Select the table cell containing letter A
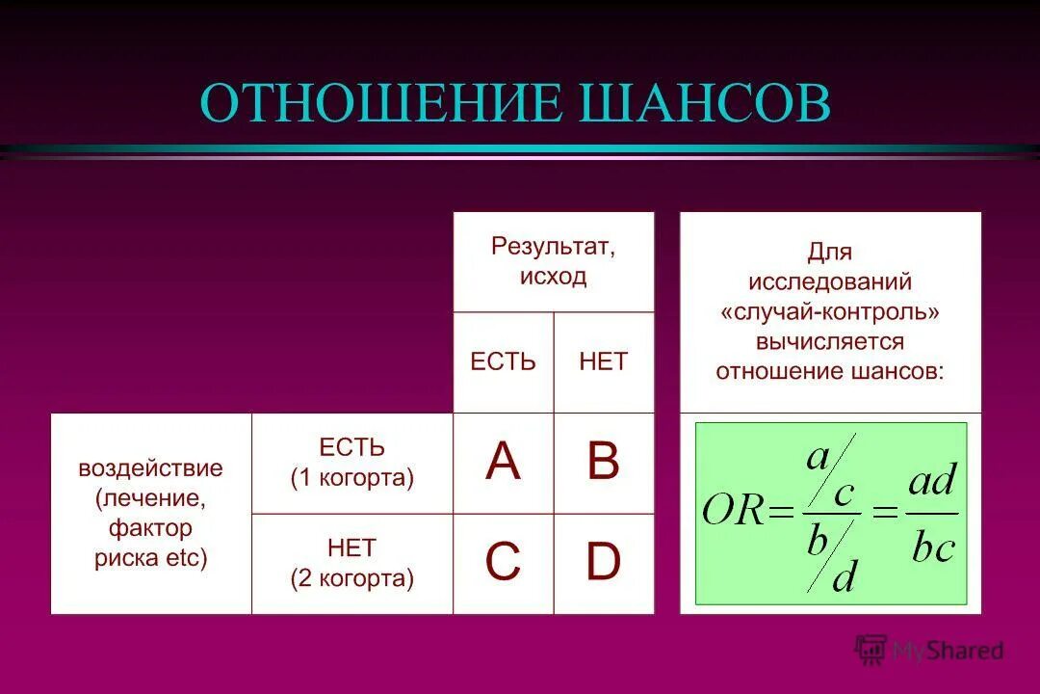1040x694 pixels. coord(503,463)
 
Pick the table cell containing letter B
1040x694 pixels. coord(604,463)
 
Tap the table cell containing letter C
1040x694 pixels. coord(503,563)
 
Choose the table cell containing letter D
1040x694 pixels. coord(604,563)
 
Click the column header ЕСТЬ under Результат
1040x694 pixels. coord(503,361)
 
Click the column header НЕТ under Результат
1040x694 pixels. coord(604,361)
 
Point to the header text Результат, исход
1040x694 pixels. coord(554,260)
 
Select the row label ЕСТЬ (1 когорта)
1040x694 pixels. coord(352,463)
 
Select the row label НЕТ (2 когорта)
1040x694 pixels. coord(352,563)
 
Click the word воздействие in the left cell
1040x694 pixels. coord(150,468)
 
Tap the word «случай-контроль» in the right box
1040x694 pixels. coord(830,312)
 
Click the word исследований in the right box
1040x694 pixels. coord(830,282)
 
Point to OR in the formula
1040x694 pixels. coord(733,510)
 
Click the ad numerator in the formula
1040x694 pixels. coord(932,479)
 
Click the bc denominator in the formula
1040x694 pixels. coord(932,547)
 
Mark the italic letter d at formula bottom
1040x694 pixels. coord(844,578)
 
